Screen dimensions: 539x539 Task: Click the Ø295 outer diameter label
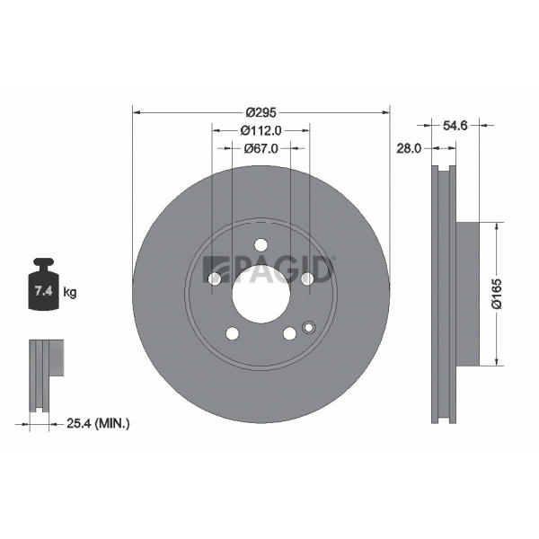point(261,112)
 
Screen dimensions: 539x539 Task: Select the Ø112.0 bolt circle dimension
point(261,130)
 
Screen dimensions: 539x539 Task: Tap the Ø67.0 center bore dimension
point(261,148)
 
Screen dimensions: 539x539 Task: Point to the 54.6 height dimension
point(455,126)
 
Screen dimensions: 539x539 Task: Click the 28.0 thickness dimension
point(409,148)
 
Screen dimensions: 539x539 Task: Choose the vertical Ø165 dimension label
point(497,294)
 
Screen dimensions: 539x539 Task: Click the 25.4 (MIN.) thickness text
point(98,423)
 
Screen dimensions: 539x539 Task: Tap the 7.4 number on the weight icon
point(44,291)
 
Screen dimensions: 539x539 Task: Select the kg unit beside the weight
point(70,293)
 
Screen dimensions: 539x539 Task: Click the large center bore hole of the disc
point(261,295)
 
